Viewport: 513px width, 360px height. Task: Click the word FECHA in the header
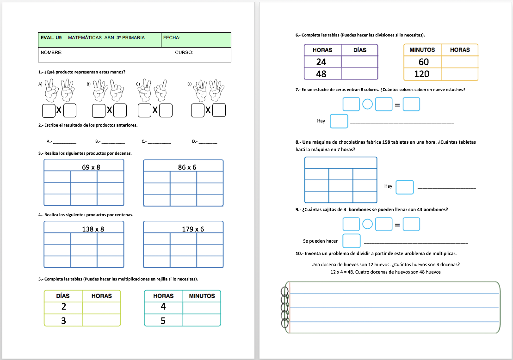click(172, 38)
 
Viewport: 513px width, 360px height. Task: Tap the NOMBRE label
click(51, 53)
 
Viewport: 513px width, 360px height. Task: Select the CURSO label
click(184, 53)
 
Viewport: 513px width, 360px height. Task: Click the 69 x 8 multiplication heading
click(91, 167)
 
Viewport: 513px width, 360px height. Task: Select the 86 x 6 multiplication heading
click(187, 167)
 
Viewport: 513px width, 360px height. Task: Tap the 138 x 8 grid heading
click(93, 229)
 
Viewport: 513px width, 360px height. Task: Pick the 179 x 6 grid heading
click(193, 229)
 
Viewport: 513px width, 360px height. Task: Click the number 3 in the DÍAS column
click(63, 320)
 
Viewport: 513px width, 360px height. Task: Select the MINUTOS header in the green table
click(202, 296)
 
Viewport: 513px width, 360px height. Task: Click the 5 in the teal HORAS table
click(163, 320)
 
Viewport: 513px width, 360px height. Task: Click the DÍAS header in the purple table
click(359, 50)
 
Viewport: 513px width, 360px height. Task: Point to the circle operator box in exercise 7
click(367, 104)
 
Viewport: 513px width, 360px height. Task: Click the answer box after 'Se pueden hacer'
click(352, 241)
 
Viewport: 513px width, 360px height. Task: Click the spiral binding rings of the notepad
click(284, 307)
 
